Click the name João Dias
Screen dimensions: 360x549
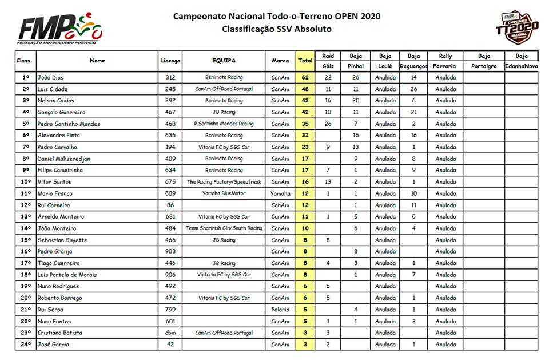pyautogui.click(x=51, y=77)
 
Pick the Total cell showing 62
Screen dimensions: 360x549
pyautogui.click(x=305, y=77)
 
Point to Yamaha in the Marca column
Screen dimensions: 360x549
pyautogui.click(x=280, y=193)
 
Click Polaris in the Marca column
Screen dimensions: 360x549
pyautogui.click(x=280, y=310)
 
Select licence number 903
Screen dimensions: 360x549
pyautogui.click(x=170, y=251)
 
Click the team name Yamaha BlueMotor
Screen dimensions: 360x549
pyautogui.click(x=224, y=193)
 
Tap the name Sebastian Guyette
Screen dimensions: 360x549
pyautogui.click(x=62, y=240)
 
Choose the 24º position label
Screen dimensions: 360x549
pyautogui.click(x=25, y=345)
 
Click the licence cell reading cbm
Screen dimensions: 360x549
pyautogui.click(x=170, y=333)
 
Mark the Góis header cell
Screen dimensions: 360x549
pyautogui.click(x=328, y=66)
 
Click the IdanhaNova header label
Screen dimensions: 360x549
pyautogui.click(x=521, y=66)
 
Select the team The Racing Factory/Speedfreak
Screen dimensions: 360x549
pyautogui.click(x=224, y=182)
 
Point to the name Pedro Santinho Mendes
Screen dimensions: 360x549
pyautogui.click(x=69, y=124)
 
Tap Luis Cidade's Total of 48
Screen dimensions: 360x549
pyautogui.click(x=305, y=89)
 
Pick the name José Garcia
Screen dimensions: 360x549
pyautogui.click(x=53, y=345)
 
